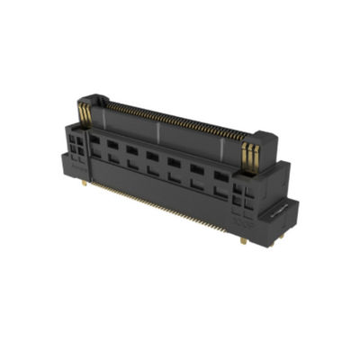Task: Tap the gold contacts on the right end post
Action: click(251, 152)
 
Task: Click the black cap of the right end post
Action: click(256, 134)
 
